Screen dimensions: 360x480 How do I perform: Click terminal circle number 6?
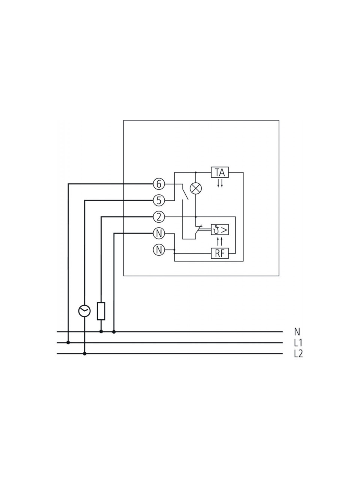159,184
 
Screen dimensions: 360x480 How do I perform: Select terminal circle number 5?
159,200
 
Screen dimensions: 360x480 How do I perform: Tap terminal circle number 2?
159,217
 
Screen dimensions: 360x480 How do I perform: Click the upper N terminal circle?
159,234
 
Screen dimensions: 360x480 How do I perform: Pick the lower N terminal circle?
159,250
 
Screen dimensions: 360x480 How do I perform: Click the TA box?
220,172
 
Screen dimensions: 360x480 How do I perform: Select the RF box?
220,253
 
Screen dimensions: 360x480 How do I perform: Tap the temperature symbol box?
220,229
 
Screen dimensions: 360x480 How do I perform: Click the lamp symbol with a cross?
196,188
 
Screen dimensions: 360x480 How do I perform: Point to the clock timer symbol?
84,311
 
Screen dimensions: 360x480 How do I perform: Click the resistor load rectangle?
101,311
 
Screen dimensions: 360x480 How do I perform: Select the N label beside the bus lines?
297,332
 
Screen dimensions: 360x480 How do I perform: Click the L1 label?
298,343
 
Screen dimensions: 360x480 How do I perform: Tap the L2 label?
298,354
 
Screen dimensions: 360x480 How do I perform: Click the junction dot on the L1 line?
68,343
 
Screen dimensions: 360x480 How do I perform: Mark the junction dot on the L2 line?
85,354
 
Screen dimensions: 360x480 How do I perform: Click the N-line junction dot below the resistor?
101,332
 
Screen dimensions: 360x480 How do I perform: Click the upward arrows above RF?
220,241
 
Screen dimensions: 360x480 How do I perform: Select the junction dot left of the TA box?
196,172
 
